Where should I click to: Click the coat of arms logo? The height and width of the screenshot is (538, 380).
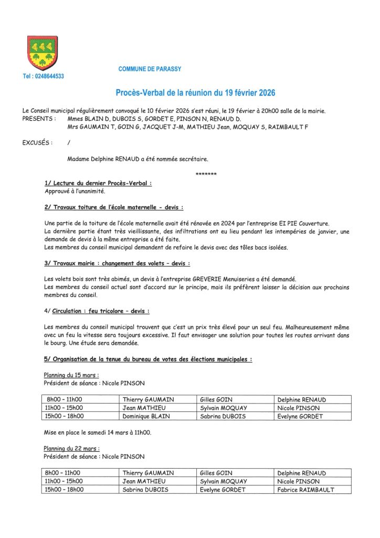click(x=43, y=53)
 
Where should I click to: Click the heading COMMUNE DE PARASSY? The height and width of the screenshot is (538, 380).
click(x=150, y=69)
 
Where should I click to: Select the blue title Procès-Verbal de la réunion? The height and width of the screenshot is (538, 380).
click(x=195, y=93)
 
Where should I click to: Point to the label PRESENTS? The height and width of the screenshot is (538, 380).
click(x=40, y=119)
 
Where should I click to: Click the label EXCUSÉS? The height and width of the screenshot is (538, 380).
click(x=38, y=142)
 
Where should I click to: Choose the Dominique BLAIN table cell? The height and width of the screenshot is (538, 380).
click(x=146, y=416)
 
